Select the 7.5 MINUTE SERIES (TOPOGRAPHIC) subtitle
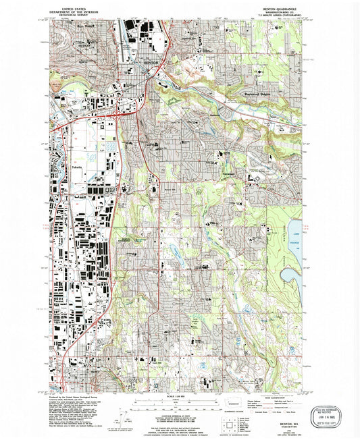click(272, 16)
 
